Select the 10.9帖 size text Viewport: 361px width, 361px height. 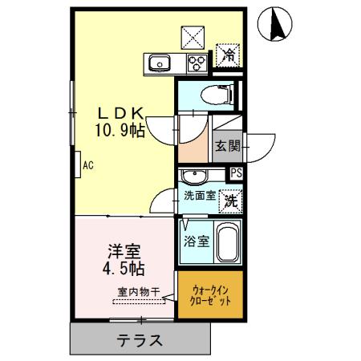click(x=123, y=129)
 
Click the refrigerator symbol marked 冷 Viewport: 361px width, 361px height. click(x=229, y=55)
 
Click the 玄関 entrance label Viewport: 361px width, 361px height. click(x=227, y=146)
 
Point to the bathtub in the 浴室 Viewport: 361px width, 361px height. click(x=227, y=242)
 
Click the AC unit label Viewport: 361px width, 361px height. click(x=87, y=166)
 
